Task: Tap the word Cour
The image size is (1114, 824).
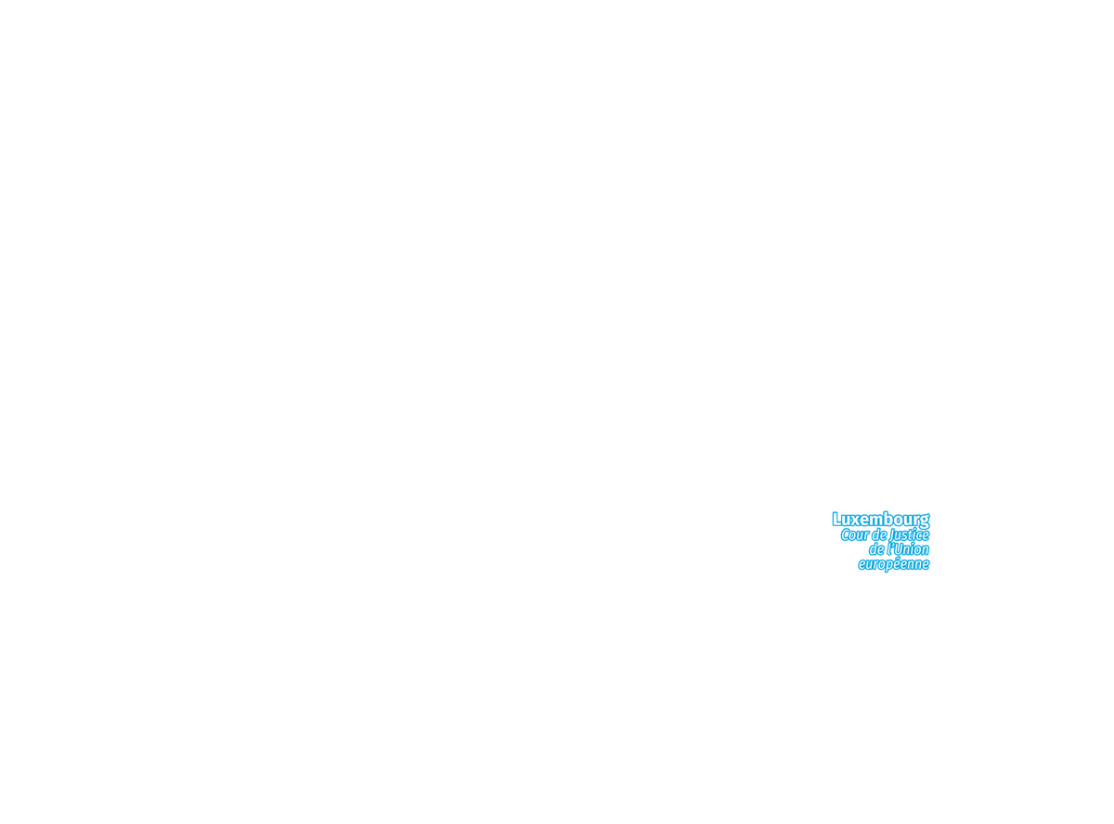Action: pyautogui.click(x=855, y=534)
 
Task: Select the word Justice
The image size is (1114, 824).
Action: pyautogui.click(x=909, y=535)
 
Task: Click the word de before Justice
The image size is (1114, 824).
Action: pyautogui.click(x=879, y=534)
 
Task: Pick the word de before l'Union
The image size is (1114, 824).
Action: pyautogui.click(x=876, y=549)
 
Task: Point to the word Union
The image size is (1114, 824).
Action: pyautogui.click(x=912, y=549)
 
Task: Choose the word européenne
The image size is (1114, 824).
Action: pyautogui.click(x=894, y=564)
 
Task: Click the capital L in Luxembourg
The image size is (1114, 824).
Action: pyautogui.click(x=836, y=519)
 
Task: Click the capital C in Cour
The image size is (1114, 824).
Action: pyautogui.click(x=846, y=534)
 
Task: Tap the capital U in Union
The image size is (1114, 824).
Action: pyautogui.click(x=899, y=549)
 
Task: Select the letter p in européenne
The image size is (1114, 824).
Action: pyautogui.click(x=890, y=566)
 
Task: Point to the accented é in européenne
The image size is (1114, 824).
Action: pyautogui.click(x=900, y=563)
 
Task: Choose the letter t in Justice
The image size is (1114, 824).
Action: pyautogui.click(x=912, y=535)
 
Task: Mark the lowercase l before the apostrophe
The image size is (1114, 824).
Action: pyautogui.click(x=888, y=549)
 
